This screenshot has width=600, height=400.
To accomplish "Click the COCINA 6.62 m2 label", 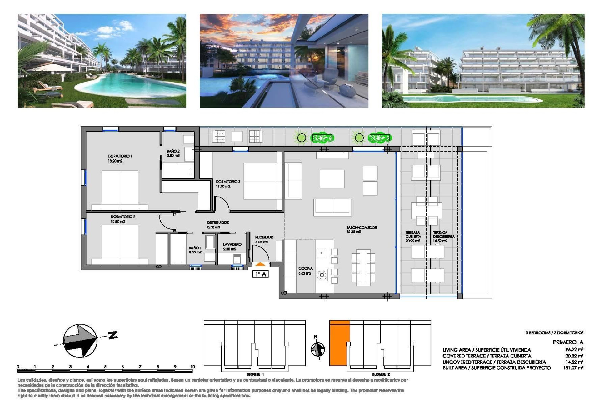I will [305, 271].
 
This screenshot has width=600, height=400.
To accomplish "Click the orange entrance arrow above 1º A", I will [260, 264].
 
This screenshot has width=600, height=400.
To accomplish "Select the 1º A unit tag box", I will [260, 274].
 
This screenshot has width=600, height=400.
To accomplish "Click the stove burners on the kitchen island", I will [322, 275].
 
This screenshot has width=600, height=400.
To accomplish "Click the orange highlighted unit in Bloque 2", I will [339, 343].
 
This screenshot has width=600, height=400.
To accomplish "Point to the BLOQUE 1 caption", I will [255, 374].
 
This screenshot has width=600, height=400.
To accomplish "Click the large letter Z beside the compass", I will [112, 335].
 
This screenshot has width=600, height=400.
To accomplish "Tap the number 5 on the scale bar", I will [105, 367].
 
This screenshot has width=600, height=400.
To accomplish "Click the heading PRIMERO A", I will [567, 342].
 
